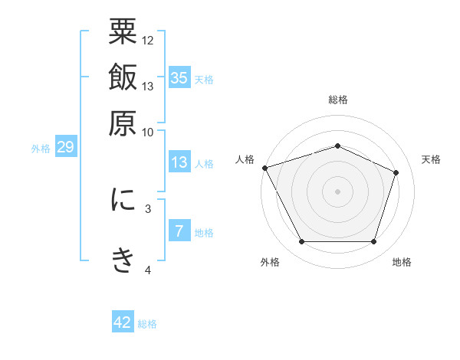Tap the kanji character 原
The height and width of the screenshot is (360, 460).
pos(123,123)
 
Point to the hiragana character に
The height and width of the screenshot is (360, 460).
pos(123,200)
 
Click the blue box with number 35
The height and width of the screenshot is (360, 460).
pos(179,78)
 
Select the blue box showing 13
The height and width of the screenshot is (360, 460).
pos(179,162)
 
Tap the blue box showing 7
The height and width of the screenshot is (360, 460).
pos(179,231)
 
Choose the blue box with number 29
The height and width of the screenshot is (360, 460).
pos(65,148)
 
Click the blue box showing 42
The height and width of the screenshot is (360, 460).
pos(123,322)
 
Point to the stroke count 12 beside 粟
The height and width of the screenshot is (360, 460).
pos(148,40)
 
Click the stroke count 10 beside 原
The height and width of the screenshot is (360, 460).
pos(148,131)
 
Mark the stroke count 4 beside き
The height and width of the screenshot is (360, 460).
pos(148,270)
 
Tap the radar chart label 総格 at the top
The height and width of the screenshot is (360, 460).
pos(337,100)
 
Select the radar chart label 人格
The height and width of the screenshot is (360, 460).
pos(245,159)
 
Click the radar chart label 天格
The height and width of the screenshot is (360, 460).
pos(431,159)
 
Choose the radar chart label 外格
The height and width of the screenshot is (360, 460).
pos(270,263)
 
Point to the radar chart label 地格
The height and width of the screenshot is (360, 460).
pos(402,263)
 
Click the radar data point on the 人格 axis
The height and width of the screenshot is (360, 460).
pos(264,168)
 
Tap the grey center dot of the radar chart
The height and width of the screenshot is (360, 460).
pos(337,191)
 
